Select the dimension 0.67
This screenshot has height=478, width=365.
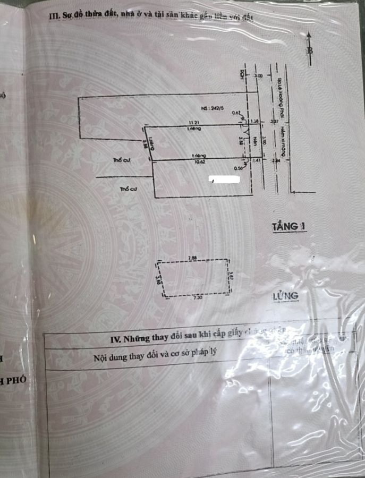(x=236, y=113)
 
